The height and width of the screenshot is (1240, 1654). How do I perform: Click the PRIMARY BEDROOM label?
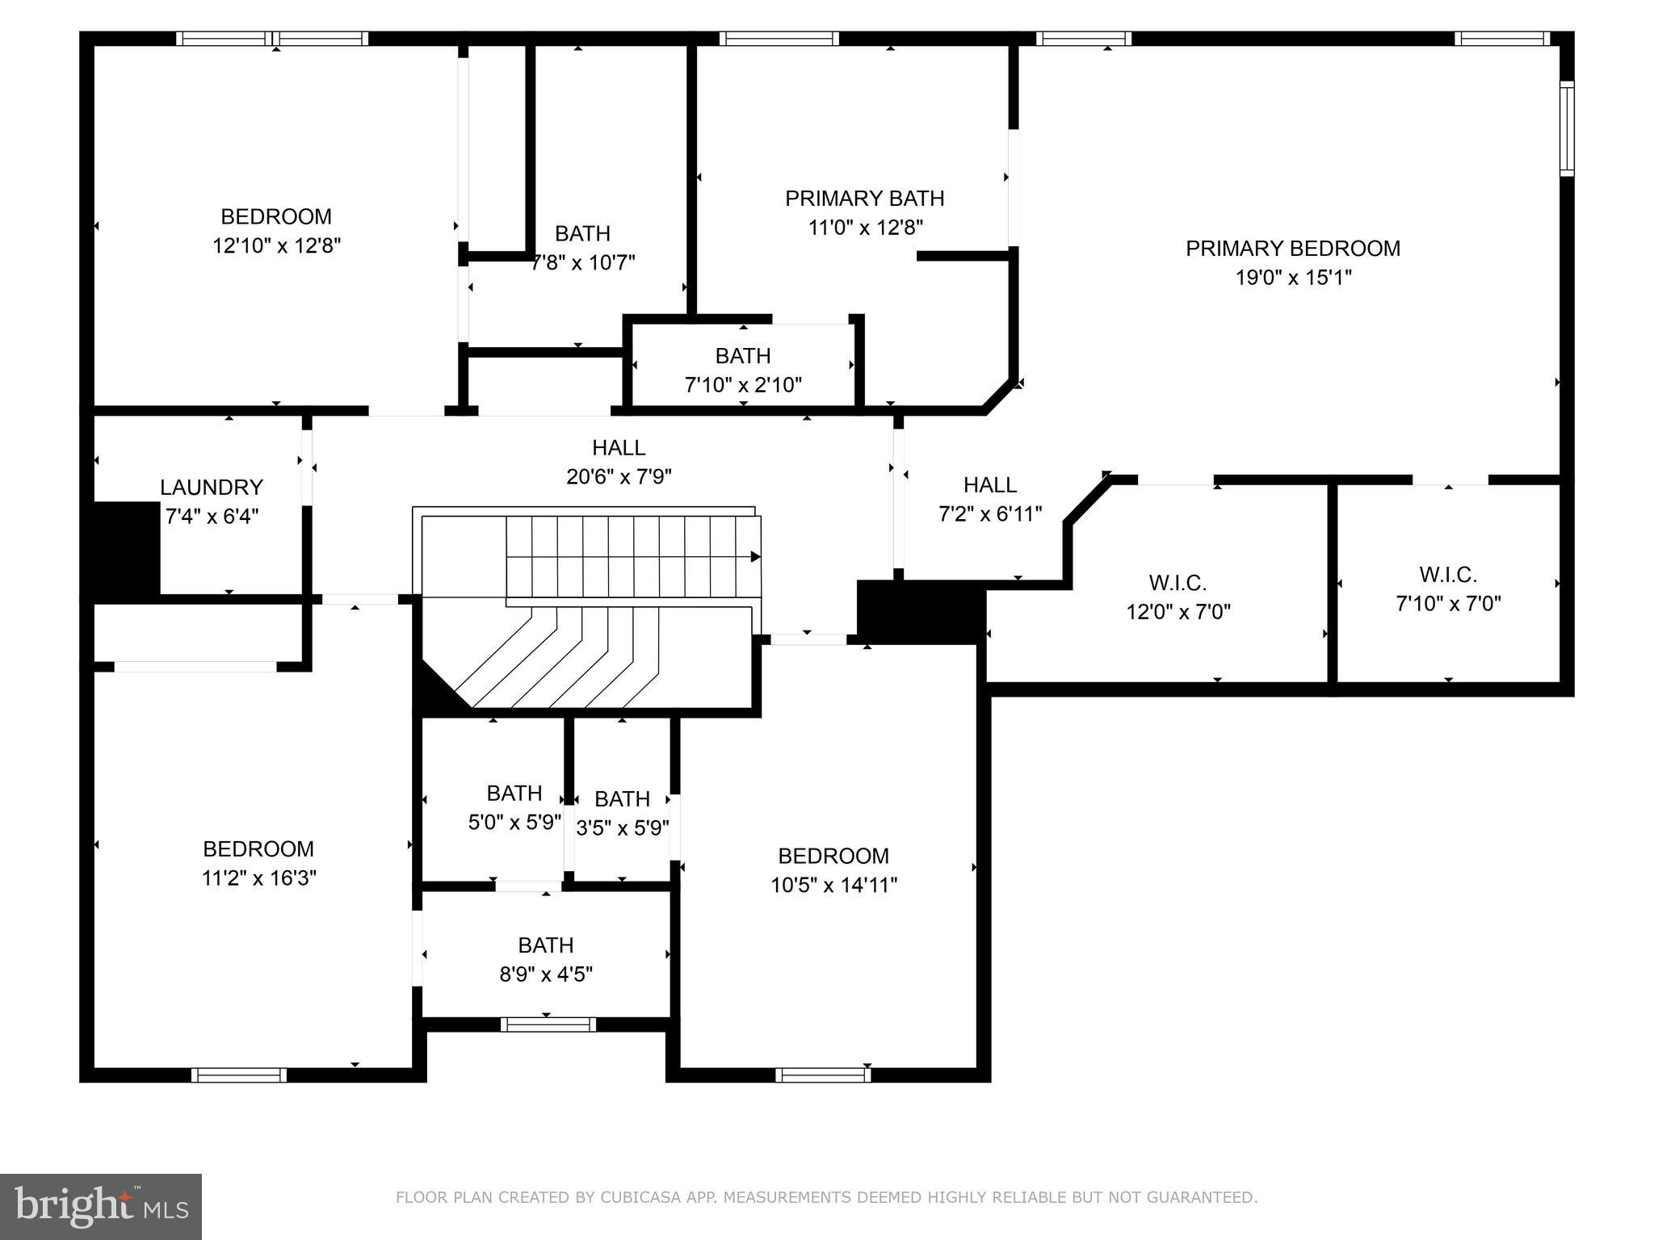coord(1292,249)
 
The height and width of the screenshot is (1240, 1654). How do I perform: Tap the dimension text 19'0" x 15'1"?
coord(1293,278)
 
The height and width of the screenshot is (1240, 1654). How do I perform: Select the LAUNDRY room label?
coord(212,488)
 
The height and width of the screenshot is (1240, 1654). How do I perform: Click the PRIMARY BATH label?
coord(864,199)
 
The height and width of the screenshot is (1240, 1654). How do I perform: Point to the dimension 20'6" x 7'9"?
coord(619,477)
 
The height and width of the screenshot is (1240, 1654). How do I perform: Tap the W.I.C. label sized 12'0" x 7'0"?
coord(1178,583)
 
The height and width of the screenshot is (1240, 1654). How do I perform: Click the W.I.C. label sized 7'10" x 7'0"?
coord(1448,575)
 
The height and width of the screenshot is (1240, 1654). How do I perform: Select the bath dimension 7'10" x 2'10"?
coord(743,385)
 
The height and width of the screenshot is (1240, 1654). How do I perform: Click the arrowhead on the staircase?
coord(755,556)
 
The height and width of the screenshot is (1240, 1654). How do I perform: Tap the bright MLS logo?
coord(101,1206)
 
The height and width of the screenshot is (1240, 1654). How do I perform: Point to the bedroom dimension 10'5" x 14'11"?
coord(833,886)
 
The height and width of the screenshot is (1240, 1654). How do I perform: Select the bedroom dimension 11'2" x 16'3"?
coord(258,878)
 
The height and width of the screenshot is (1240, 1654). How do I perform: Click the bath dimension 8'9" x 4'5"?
coord(546,974)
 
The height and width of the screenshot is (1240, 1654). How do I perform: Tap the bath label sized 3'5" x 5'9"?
coord(622,799)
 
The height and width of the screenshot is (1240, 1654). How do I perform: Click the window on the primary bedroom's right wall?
coord(1567,129)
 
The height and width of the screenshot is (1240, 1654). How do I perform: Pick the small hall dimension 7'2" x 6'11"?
coord(990,514)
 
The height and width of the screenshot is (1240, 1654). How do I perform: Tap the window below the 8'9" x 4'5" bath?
coord(548,1024)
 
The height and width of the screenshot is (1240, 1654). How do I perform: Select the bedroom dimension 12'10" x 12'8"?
coord(276,246)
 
